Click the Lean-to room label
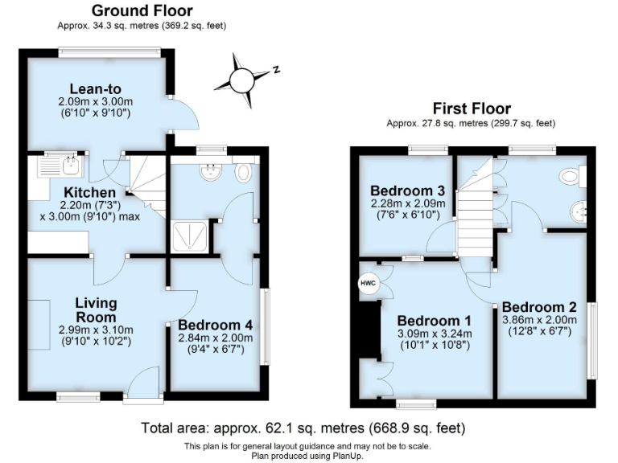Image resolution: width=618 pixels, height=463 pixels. tap(94, 89)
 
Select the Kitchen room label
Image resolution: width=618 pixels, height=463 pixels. tap(90, 193)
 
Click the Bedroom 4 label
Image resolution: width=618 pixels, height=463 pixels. tap(216, 325)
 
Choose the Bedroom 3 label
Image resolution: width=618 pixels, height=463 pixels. tap(407, 191)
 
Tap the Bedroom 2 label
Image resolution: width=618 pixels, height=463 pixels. tap(539, 307)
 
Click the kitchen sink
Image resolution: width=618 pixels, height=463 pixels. tap(60, 166)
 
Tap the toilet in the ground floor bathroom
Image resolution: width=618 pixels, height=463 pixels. tap(243, 171)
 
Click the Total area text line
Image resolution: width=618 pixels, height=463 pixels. tap(303, 428)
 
